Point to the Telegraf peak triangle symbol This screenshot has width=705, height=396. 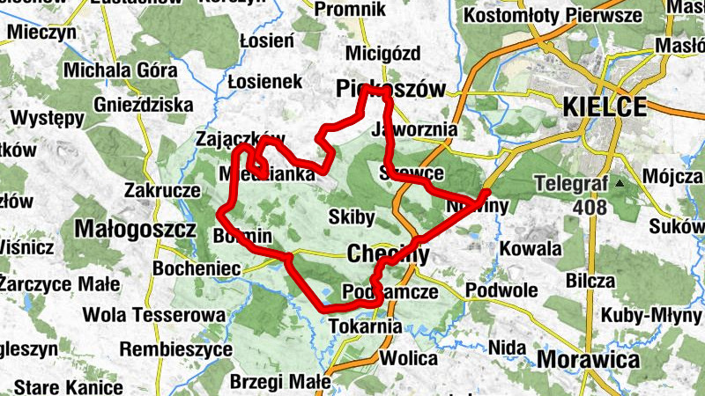pyautogui.click(x=620, y=184)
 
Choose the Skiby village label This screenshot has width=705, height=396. pyautogui.click(x=351, y=216)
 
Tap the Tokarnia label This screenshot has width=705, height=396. pyautogui.click(x=365, y=326)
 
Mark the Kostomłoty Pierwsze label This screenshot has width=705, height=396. pyautogui.click(x=553, y=16)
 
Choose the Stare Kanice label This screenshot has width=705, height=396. pyautogui.click(x=68, y=386)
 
